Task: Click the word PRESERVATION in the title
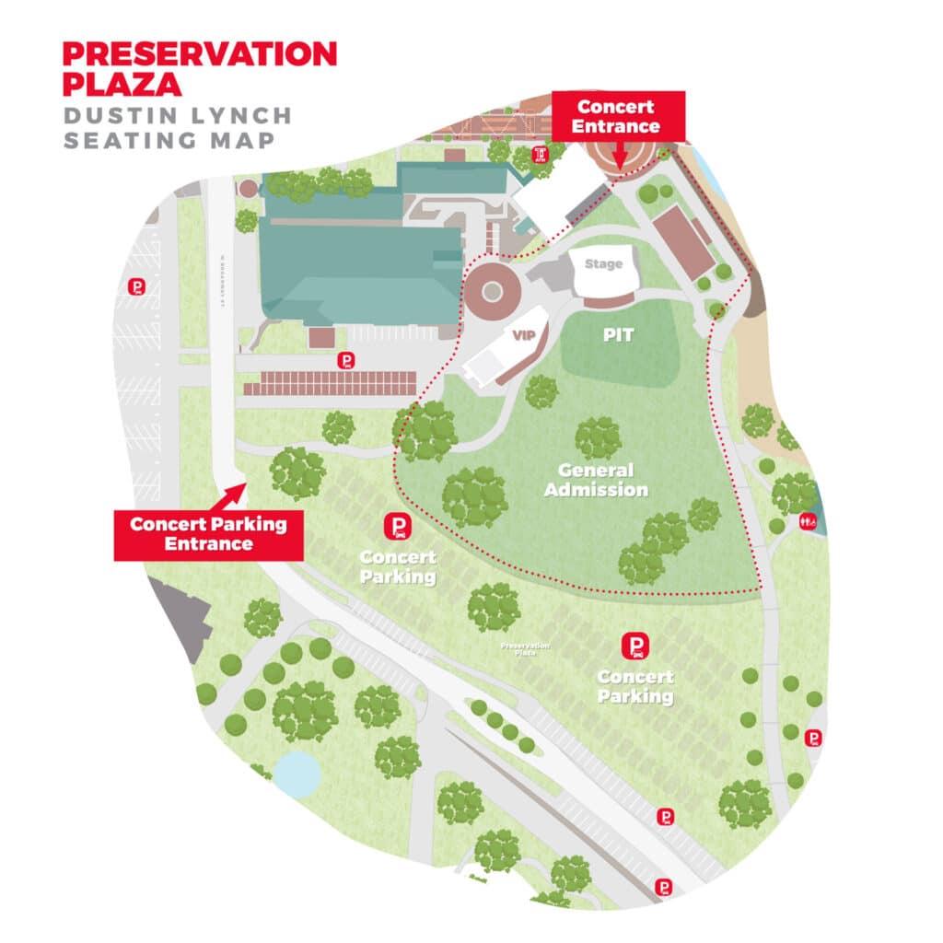(x=199, y=53)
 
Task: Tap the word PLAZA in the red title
(x=122, y=84)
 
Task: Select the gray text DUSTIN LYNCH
(x=177, y=116)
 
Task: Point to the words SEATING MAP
(x=169, y=141)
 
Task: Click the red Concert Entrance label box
(x=616, y=116)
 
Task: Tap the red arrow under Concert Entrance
(x=619, y=157)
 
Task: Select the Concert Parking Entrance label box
(x=208, y=534)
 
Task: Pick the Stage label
(x=603, y=264)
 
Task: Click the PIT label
(x=618, y=334)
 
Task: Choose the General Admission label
(x=596, y=480)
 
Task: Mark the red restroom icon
(x=809, y=520)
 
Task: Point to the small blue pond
(x=295, y=774)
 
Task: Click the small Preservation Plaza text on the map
(x=525, y=646)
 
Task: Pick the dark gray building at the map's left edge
(x=180, y=612)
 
